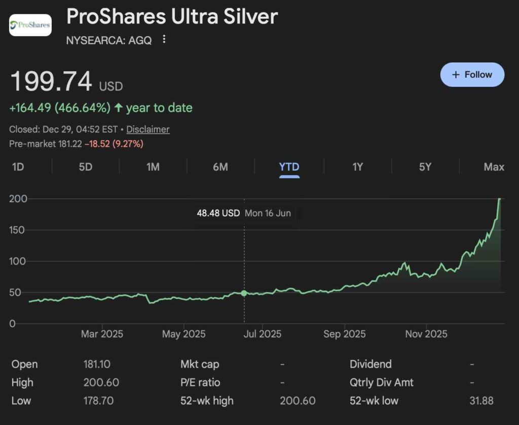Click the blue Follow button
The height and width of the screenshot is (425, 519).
(472, 75)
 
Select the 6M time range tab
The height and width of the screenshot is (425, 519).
(220, 167)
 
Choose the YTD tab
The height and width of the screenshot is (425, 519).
(289, 167)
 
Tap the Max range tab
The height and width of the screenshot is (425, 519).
(494, 167)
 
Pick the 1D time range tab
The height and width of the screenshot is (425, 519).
(18, 167)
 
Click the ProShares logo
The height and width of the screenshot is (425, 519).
(30, 25)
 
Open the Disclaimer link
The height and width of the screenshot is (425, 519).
(148, 129)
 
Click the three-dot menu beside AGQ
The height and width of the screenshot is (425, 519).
(164, 39)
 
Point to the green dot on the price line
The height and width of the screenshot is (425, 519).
(244, 293)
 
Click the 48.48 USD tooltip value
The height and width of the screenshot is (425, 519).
(218, 213)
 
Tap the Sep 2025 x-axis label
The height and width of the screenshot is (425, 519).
(344, 334)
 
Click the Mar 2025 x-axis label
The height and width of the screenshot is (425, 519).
(102, 334)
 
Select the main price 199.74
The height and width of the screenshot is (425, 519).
(51, 82)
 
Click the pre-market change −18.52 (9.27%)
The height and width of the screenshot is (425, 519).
(114, 144)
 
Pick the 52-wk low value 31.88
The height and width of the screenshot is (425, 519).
(481, 401)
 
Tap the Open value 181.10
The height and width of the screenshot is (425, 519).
(97, 364)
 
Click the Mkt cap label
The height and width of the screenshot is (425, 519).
(200, 364)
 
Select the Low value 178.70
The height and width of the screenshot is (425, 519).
(98, 401)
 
